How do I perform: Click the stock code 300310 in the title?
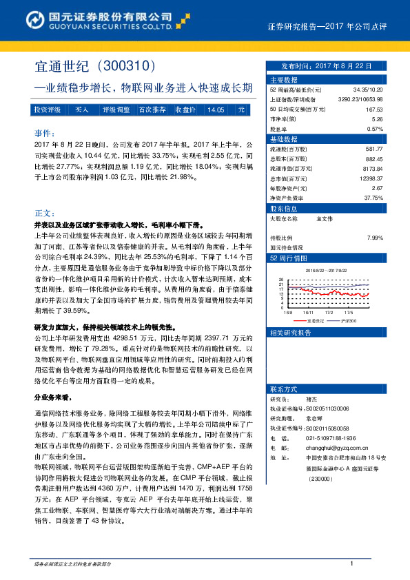(125, 67)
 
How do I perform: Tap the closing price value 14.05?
(216, 110)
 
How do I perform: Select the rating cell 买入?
(82, 110)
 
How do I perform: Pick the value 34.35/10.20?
(367, 90)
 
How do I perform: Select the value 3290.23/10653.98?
(359, 99)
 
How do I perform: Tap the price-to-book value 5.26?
(377, 118)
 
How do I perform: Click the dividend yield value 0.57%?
(374, 129)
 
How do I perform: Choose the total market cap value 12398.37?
(369, 178)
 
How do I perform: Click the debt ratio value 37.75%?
(373, 198)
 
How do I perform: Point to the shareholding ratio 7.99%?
(374, 237)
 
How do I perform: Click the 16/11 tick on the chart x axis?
(307, 312)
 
